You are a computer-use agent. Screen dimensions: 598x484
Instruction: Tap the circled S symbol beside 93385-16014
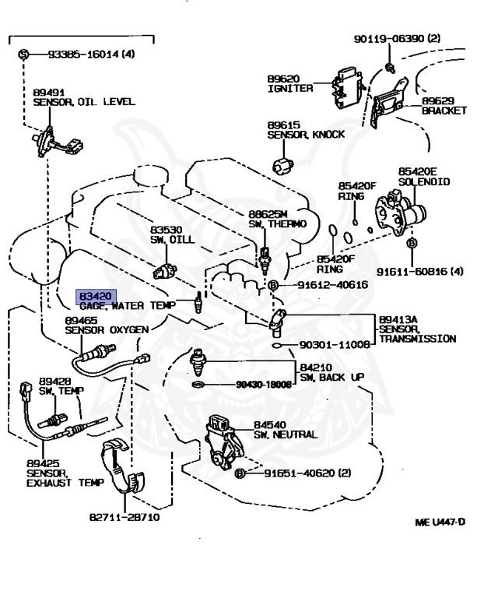click(23, 55)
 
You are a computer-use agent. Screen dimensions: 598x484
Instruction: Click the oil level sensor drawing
click(47, 141)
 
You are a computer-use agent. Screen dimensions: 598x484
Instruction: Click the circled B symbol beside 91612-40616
click(272, 286)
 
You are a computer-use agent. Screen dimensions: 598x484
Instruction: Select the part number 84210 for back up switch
click(316, 367)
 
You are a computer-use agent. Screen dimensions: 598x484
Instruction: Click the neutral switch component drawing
click(223, 442)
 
